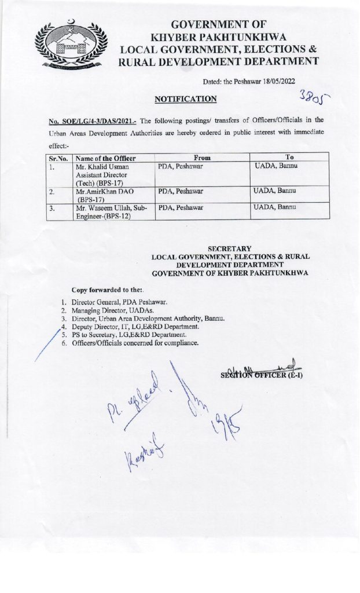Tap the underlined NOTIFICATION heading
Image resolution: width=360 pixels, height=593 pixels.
coord(185,99)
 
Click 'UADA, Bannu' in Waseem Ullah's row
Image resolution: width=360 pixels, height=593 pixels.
coord(275,207)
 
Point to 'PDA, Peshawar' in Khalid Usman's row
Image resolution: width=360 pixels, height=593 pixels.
coord(180,166)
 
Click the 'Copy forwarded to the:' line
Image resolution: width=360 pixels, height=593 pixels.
coord(108,290)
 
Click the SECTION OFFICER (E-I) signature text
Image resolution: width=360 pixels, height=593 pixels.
coord(261,374)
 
